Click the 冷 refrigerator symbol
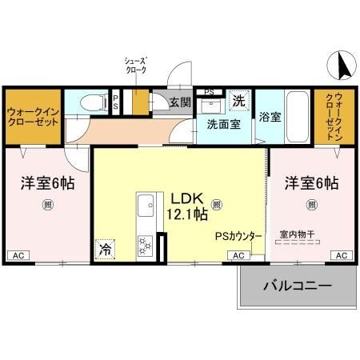coord(105,249)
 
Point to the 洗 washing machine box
coord(238,101)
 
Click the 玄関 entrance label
coord(180,102)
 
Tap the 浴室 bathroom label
coord(270,117)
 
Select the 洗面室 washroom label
coord(223,124)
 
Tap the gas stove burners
coord(145,243)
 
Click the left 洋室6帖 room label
coord(47,183)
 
